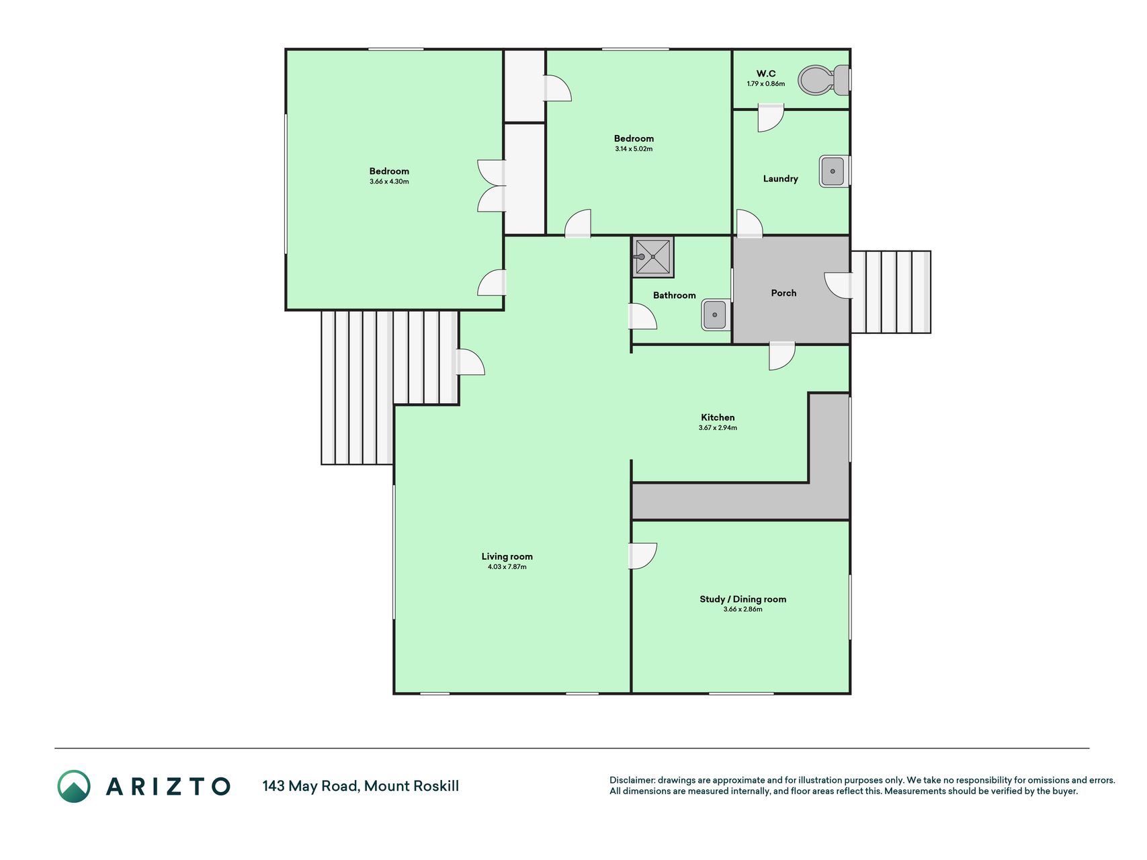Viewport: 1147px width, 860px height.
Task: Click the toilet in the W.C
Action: coord(823,80)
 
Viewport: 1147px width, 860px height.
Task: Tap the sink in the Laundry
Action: coord(834,171)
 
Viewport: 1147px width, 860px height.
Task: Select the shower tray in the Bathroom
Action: coord(652,257)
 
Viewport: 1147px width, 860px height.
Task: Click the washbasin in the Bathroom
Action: coord(716,315)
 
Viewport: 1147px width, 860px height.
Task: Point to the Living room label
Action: coord(507,556)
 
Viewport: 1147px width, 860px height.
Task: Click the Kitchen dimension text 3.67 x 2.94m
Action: coord(718,428)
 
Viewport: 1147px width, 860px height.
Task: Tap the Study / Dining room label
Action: coord(742,599)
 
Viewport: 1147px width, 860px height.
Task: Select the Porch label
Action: coord(783,293)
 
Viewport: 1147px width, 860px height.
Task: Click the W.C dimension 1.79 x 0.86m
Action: coord(765,84)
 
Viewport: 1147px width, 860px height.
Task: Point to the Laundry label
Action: coord(780,179)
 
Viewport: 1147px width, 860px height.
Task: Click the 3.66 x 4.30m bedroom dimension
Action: coord(389,181)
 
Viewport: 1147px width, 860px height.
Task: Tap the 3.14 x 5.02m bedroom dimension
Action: coord(634,149)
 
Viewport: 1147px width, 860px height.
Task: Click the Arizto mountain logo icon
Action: coord(74,786)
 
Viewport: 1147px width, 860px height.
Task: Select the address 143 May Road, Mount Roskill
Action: coord(361,786)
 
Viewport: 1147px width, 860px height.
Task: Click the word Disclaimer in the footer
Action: coord(632,780)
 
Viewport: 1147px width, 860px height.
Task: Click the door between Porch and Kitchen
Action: coord(782,355)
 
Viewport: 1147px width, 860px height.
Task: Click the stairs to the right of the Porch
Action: coord(890,292)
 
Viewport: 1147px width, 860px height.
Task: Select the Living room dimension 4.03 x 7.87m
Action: coord(507,567)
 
